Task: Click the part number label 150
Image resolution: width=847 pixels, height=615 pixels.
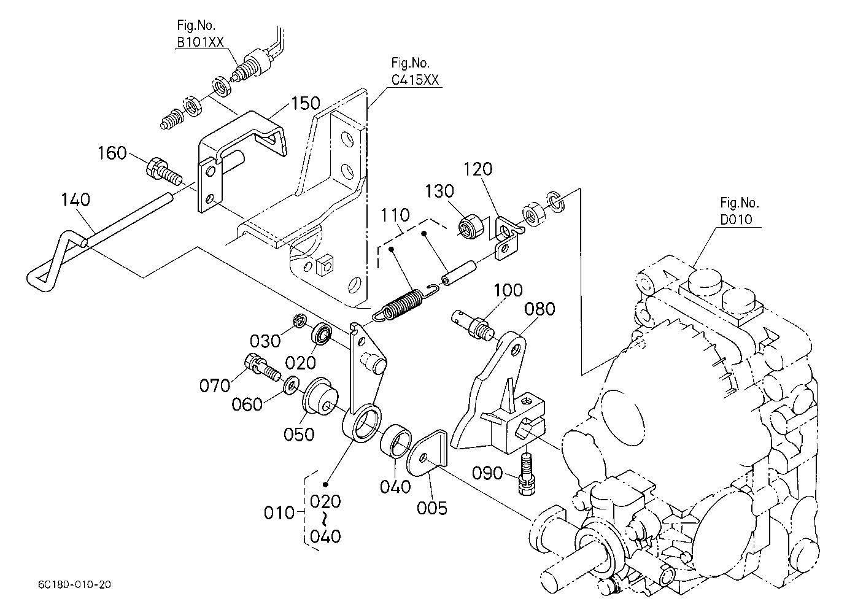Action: tap(306, 103)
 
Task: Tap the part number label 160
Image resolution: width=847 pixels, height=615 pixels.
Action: tap(112, 153)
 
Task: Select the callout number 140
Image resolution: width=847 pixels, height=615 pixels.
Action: tap(75, 199)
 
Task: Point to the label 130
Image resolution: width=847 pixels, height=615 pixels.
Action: tap(439, 191)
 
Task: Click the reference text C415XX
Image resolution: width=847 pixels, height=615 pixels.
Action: tap(415, 80)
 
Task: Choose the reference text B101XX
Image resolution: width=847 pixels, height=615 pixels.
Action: tap(201, 42)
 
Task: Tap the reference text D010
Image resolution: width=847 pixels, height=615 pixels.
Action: tap(736, 219)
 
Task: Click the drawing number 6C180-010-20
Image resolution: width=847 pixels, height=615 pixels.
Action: tap(74, 585)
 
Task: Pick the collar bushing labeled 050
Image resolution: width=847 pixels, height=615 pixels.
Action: tap(320, 396)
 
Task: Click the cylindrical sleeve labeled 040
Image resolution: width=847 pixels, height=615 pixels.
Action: tap(396, 441)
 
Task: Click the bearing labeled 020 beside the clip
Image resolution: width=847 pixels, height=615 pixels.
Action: tap(322, 333)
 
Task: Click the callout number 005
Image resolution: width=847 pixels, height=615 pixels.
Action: tap(432, 508)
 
